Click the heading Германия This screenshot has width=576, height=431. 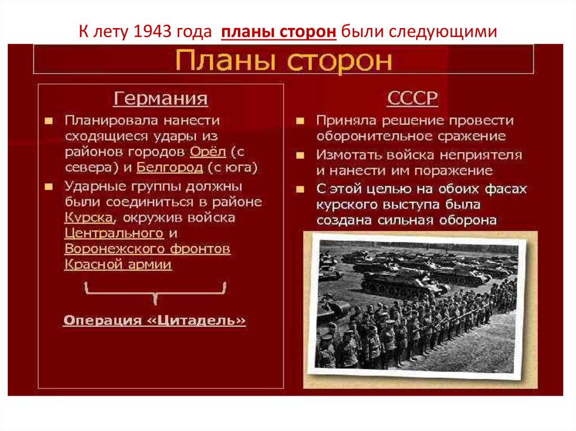tap(160, 99)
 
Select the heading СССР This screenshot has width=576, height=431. tap(412, 99)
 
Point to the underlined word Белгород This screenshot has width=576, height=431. tap(169, 167)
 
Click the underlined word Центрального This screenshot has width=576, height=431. tap(114, 233)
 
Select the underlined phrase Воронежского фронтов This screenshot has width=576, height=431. tap(147, 248)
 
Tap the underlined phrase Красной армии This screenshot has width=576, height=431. tap(118, 264)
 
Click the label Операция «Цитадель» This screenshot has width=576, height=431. tap(155, 320)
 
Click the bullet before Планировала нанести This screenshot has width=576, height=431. tap(49, 121)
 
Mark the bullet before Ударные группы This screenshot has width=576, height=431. tap(49, 186)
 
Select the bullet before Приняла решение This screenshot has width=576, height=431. tap(301, 121)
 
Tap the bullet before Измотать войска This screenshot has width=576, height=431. tap(301, 155)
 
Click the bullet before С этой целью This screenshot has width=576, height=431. tap(301, 189)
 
